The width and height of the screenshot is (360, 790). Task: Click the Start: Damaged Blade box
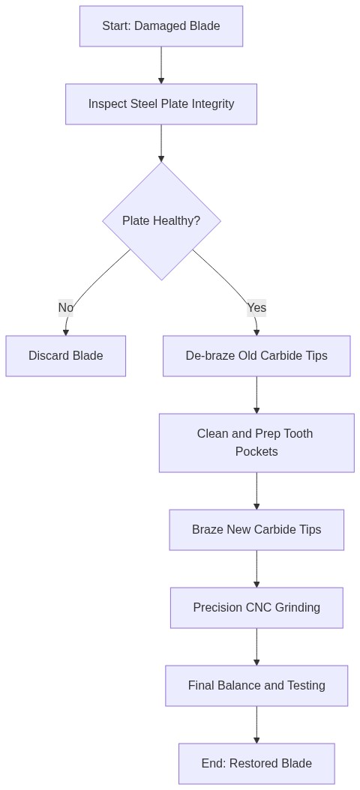click(161, 26)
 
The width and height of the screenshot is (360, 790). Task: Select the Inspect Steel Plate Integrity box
click(161, 104)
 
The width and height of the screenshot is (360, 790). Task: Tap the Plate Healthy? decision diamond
click(161, 221)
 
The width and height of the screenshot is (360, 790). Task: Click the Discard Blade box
click(66, 356)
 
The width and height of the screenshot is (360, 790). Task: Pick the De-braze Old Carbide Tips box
click(256, 356)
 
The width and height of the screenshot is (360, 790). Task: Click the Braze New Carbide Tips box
click(256, 530)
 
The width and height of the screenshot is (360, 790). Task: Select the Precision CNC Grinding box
click(256, 608)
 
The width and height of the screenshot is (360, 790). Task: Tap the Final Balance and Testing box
click(256, 686)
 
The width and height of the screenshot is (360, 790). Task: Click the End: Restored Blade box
click(256, 764)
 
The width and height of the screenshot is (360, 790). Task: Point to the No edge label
click(66, 307)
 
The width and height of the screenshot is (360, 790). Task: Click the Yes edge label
click(256, 307)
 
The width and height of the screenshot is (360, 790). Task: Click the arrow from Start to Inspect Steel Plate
click(161, 65)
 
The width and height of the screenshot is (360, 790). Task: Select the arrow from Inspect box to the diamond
click(161, 143)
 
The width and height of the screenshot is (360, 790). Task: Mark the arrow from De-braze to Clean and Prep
click(256, 395)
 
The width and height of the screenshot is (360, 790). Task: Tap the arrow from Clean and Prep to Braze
click(256, 491)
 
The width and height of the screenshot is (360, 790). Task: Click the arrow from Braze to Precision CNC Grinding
click(256, 569)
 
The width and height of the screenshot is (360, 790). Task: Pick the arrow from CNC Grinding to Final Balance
click(256, 647)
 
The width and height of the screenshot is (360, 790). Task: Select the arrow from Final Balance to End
click(256, 725)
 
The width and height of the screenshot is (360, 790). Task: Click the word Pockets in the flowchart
click(256, 452)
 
